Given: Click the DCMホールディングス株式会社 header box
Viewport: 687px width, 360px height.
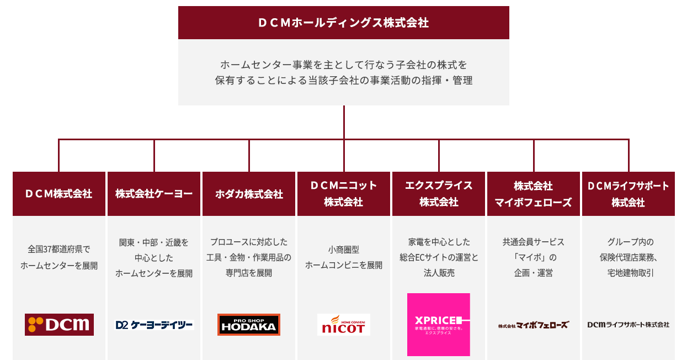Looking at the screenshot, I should click(343, 23).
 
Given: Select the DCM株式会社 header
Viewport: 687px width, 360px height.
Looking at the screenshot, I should click(59, 194).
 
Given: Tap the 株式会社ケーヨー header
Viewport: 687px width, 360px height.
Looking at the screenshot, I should click(154, 194).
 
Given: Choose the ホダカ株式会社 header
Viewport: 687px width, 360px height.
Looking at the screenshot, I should click(249, 194).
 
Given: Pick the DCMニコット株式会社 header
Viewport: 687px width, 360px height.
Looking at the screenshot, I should click(344, 194).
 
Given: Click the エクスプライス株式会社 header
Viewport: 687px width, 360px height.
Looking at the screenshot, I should click(439, 194).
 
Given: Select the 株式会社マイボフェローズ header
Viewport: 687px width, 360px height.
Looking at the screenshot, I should click(534, 194).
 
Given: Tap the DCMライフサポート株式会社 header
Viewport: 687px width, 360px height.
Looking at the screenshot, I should click(628, 194).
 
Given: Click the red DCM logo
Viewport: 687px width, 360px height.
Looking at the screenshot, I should click(59, 325).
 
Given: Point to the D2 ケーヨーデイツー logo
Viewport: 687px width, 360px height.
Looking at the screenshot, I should click(154, 325).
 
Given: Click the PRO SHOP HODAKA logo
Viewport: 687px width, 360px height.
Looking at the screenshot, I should click(249, 325).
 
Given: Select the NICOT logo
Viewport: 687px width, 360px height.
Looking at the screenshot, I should click(343, 325).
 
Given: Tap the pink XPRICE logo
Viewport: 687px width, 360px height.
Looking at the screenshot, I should click(439, 325).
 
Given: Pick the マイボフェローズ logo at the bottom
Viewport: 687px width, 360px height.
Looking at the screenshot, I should click(533, 325).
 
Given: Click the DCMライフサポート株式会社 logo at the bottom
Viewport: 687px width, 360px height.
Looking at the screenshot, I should click(628, 325).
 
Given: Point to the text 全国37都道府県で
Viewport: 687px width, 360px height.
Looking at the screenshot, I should click(59, 250).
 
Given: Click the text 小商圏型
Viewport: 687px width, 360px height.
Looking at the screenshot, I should click(344, 250).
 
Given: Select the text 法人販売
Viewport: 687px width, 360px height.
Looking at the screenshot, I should click(439, 273).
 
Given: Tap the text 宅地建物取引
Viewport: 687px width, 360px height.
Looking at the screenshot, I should click(628, 273).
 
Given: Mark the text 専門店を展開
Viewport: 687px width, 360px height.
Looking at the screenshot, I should click(249, 273).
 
